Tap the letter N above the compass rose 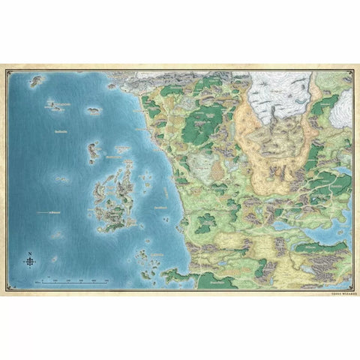click(29, 253)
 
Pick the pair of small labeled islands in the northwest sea click(56, 107)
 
